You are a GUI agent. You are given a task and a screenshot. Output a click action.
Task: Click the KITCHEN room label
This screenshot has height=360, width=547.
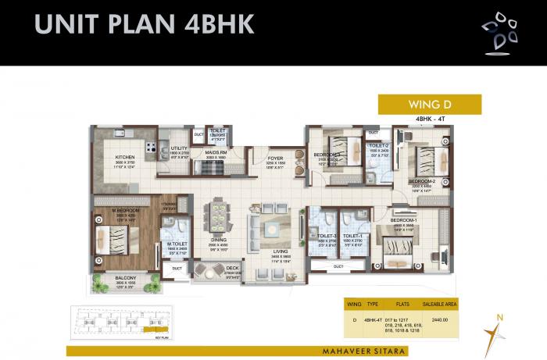click(x=104, y=156)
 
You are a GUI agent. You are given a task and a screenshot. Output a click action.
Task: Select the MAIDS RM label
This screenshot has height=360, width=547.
click(x=216, y=152)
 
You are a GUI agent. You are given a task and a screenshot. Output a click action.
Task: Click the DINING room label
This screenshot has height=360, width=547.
click(x=217, y=240)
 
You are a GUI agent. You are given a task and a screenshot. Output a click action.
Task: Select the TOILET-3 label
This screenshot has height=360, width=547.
click(x=327, y=236)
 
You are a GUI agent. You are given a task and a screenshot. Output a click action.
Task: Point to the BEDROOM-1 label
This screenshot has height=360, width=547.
click(x=403, y=221)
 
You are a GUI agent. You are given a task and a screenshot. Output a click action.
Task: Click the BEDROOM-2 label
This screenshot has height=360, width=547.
click(x=421, y=181)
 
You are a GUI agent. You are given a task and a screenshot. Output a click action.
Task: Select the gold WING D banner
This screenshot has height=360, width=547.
click(x=429, y=104)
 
